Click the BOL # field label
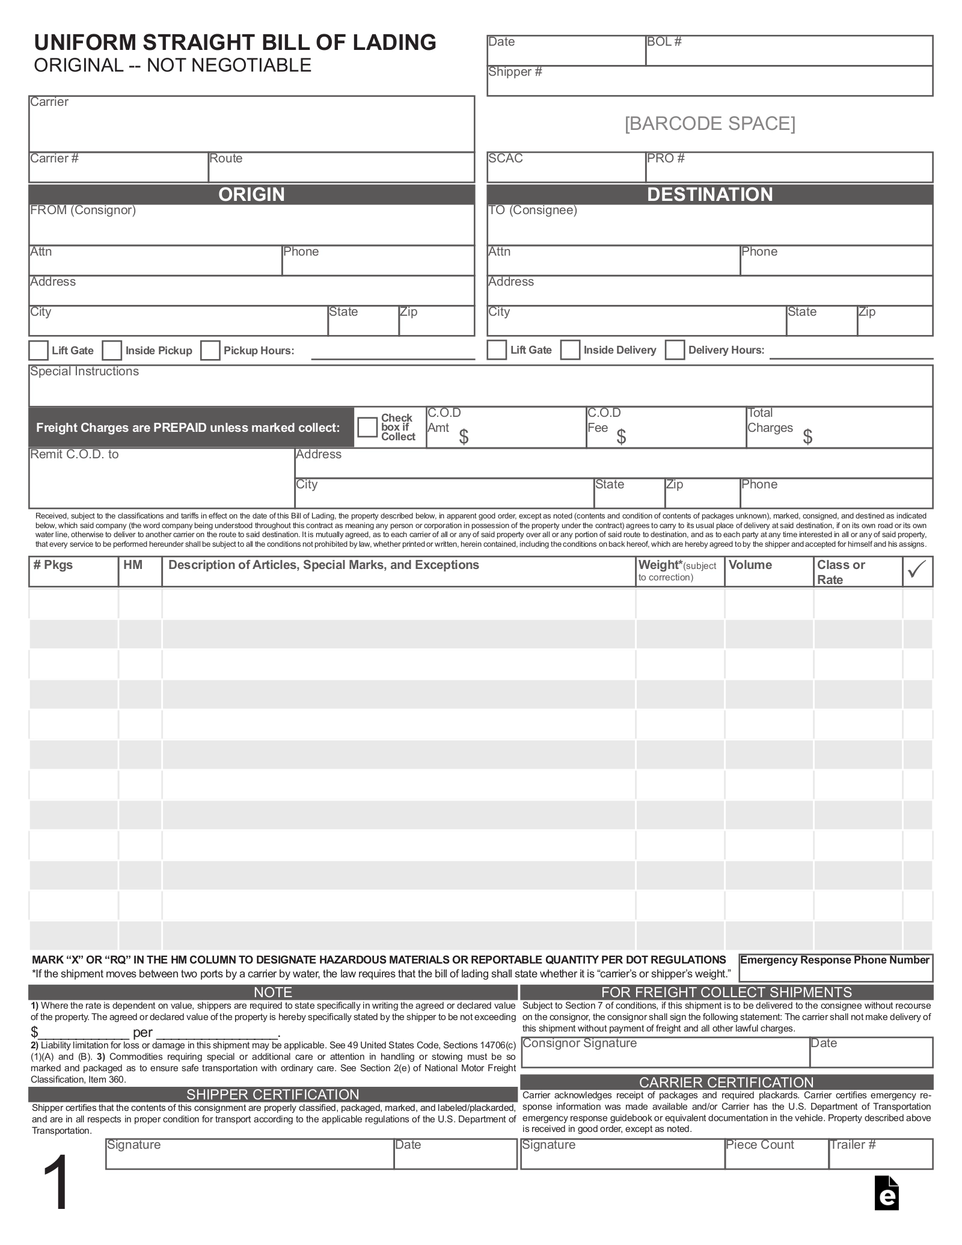click(x=664, y=41)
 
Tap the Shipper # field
click(x=709, y=81)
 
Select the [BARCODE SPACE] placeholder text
click(x=709, y=123)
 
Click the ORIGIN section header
click(x=251, y=194)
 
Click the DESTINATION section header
click(x=709, y=194)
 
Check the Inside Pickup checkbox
click(x=112, y=351)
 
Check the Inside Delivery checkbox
click(x=570, y=350)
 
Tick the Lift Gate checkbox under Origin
click(x=38, y=351)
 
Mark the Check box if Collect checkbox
click(x=367, y=428)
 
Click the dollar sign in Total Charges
click(x=807, y=437)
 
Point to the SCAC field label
click(x=505, y=158)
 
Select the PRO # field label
click(x=666, y=158)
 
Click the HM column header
click(x=133, y=565)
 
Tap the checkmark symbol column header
click(x=917, y=570)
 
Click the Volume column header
click(x=750, y=565)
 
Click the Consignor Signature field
click(x=664, y=1053)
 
